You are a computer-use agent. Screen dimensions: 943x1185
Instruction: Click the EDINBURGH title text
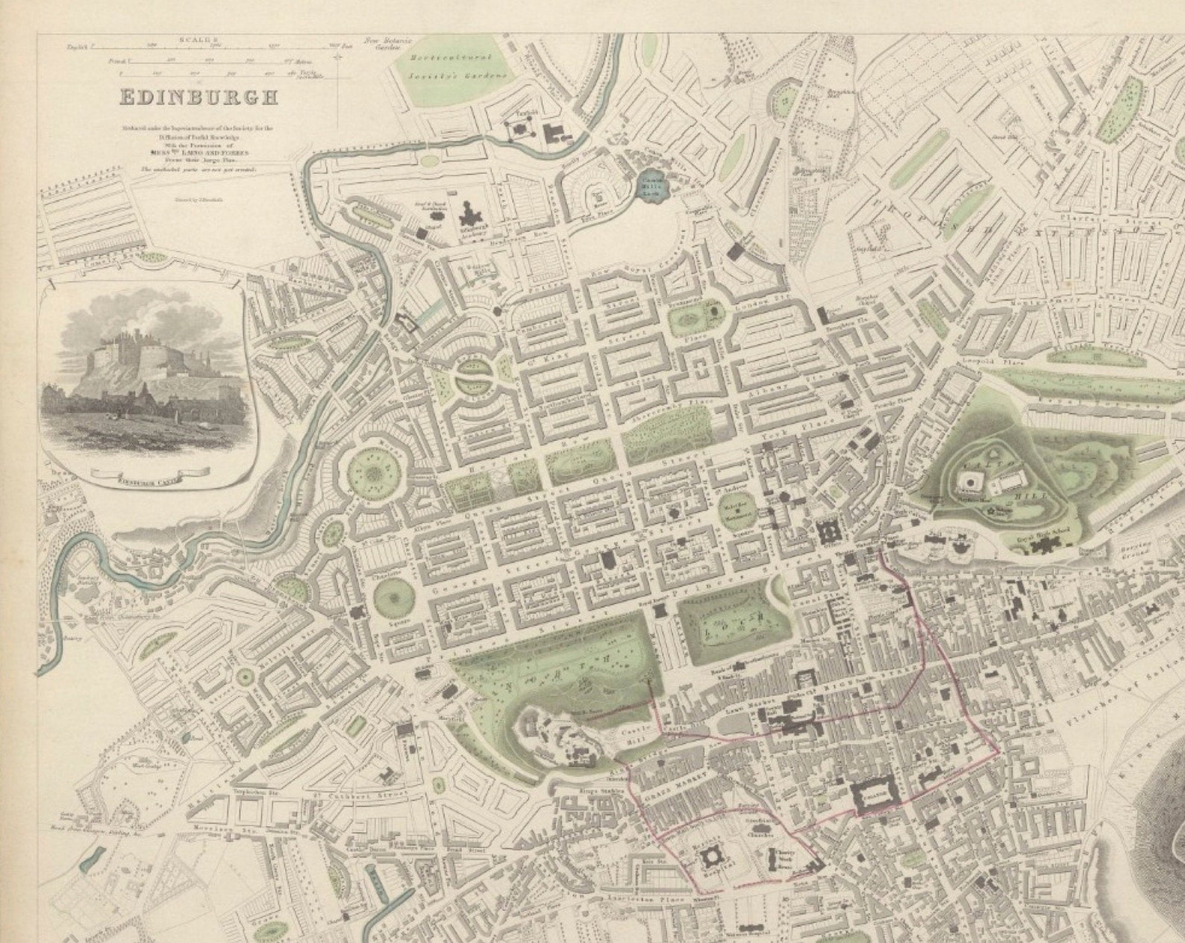[197, 97]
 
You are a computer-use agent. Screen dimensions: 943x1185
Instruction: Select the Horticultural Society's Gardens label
[461, 66]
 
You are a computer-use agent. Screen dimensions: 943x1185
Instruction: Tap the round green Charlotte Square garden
[392, 597]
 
